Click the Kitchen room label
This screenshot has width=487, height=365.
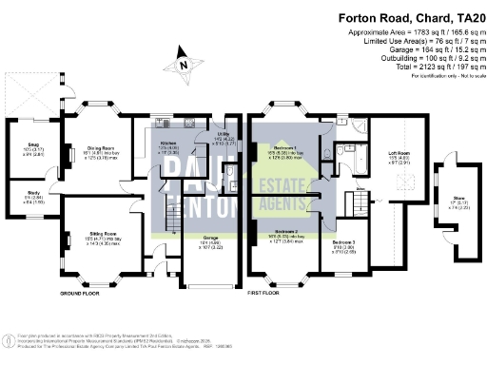[167, 147]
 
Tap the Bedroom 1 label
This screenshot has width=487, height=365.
[282, 149]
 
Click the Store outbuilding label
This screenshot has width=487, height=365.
[446, 200]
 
